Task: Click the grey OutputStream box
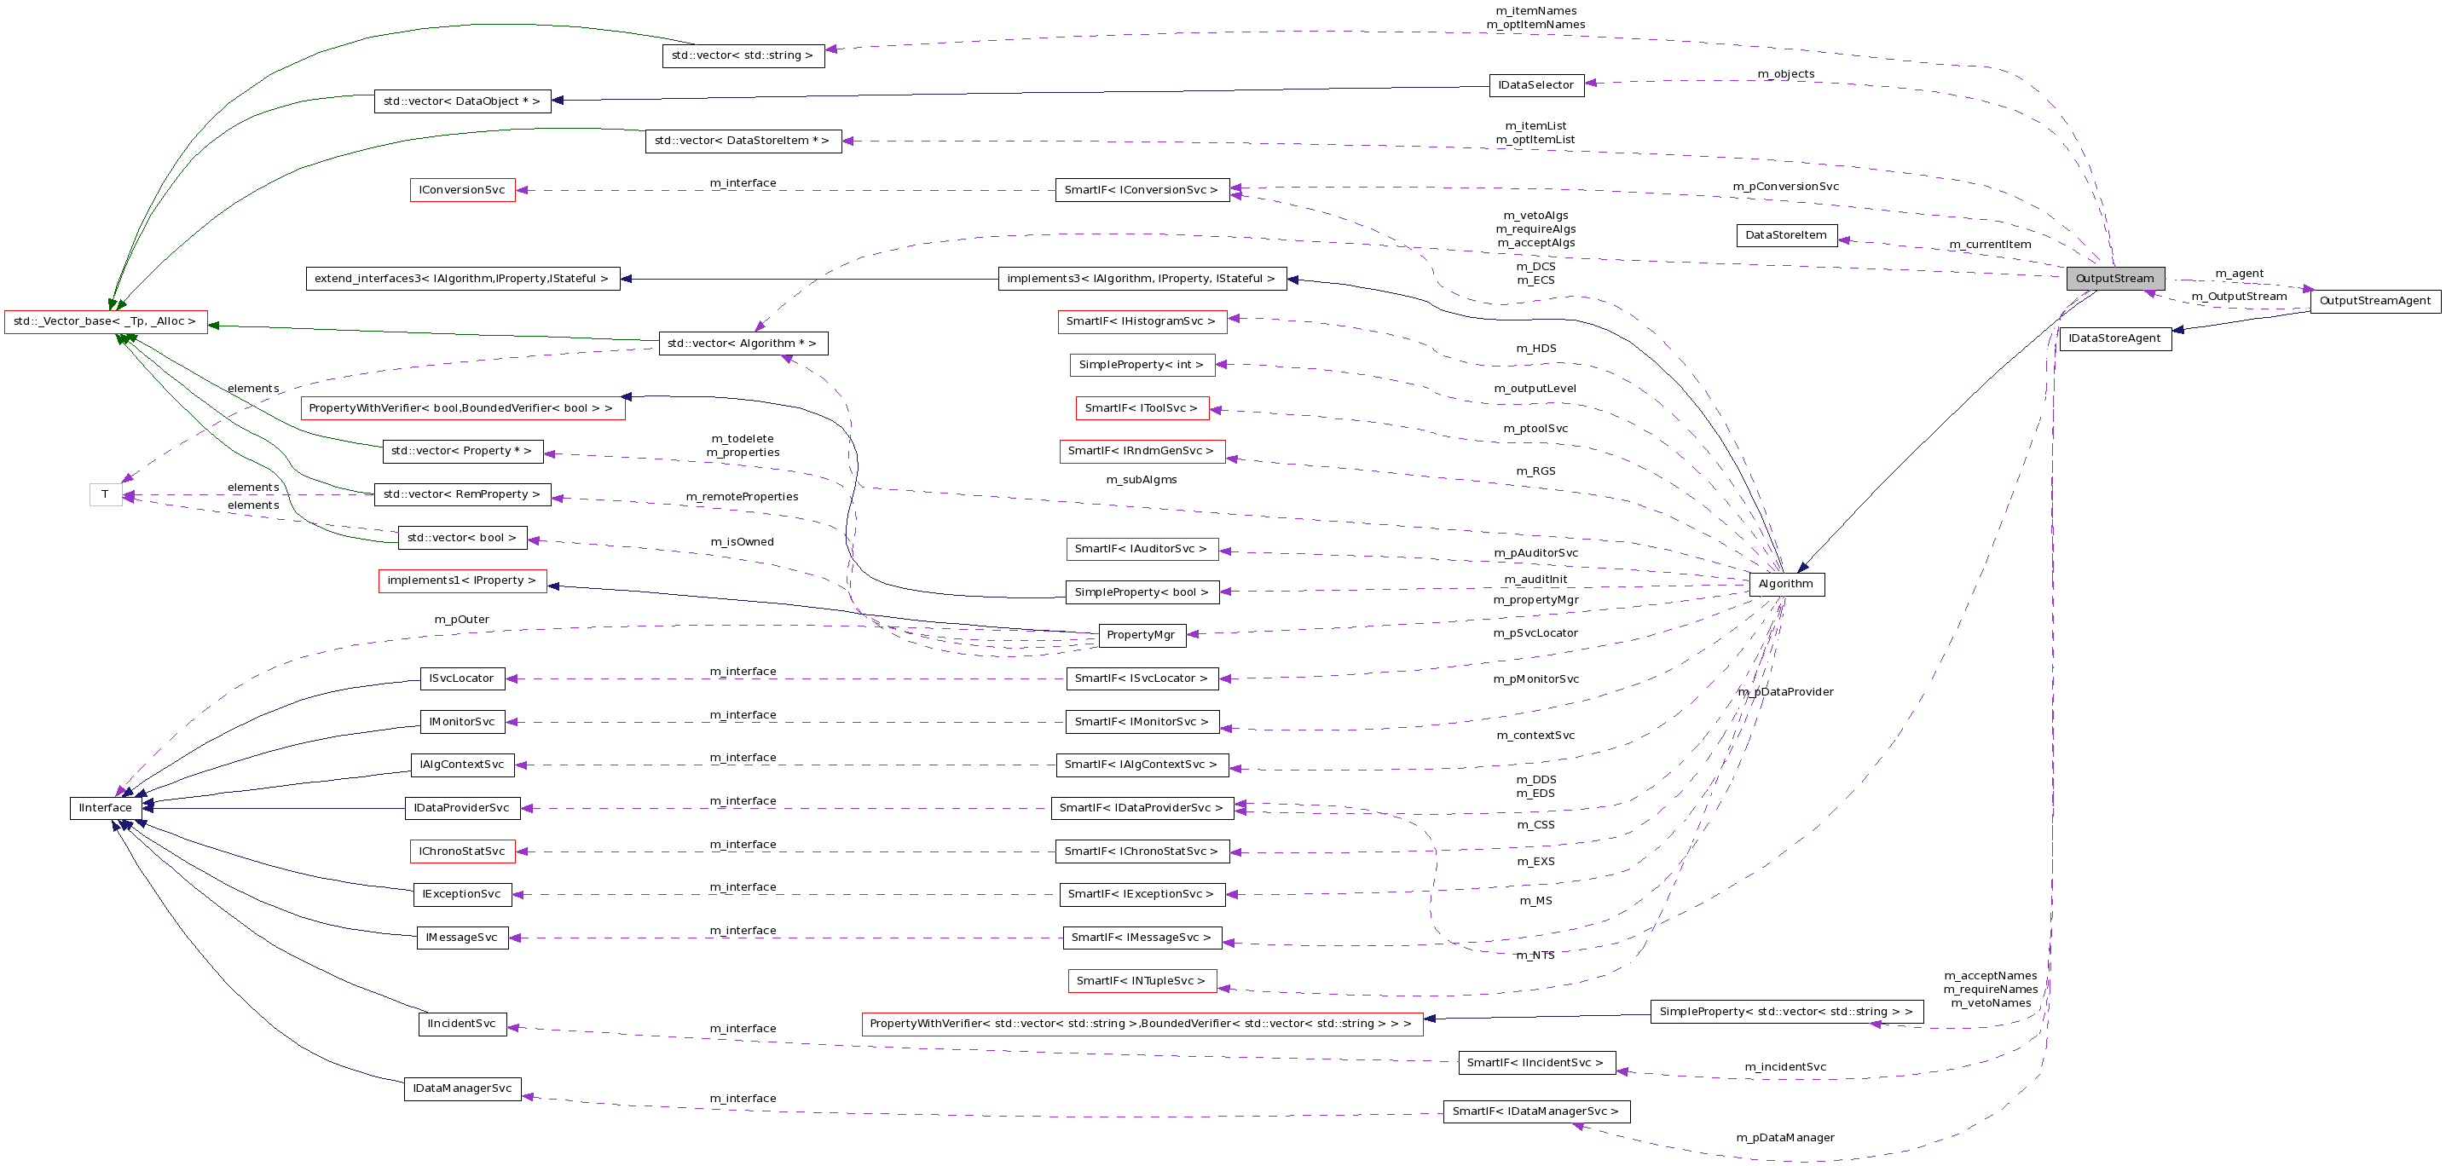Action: (x=2114, y=278)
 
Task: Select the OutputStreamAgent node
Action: (x=2374, y=301)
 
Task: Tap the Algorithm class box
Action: (x=1785, y=584)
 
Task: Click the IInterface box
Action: (x=106, y=808)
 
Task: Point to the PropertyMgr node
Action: (x=1141, y=635)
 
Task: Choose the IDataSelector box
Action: (x=1535, y=85)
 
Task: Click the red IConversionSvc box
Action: (x=461, y=190)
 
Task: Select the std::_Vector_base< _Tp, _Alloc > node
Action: (x=105, y=322)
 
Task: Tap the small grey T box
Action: (x=106, y=494)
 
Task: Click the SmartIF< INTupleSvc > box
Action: (x=1141, y=981)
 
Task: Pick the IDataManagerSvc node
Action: (x=461, y=1089)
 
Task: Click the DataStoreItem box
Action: (x=1785, y=235)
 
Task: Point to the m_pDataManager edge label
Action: (x=1784, y=1138)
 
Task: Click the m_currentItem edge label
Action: (x=1989, y=245)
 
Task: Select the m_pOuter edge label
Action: (x=461, y=620)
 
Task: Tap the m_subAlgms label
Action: (x=1141, y=480)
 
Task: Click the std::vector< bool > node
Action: (x=461, y=538)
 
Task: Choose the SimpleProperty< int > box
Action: (x=1141, y=365)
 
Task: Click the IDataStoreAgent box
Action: (x=2114, y=339)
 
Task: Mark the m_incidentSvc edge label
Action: (x=1784, y=1067)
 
